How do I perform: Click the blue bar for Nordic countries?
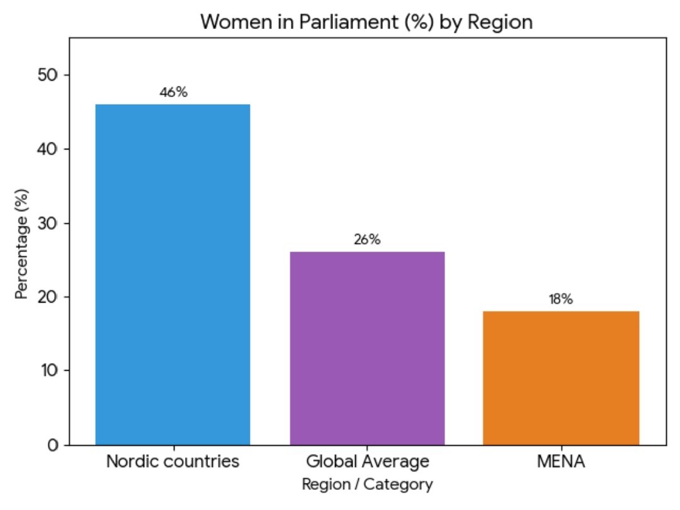pyautogui.click(x=173, y=274)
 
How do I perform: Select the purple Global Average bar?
pyautogui.click(x=367, y=348)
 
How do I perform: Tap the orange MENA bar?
pyautogui.click(x=561, y=378)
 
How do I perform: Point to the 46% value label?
pyautogui.click(x=173, y=93)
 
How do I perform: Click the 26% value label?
pyautogui.click(x=367, y=240)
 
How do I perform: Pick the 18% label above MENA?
pyautogui.click(x=560, y=299)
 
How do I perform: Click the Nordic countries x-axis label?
pyautogui.click(x=173, y=461)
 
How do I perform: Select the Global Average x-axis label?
pyautogui.click(x=367, y=461)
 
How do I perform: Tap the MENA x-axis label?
pyautogui.click(x=561, y=461)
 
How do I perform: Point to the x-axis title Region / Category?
pyautogui.click(x=367, y=484)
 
